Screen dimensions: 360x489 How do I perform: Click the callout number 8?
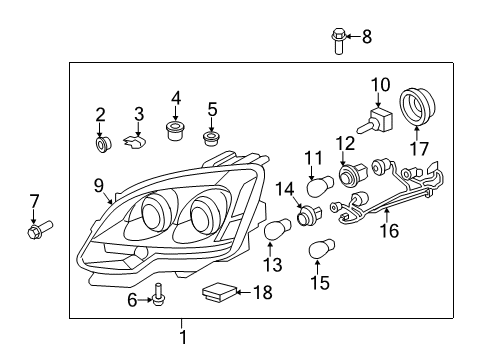click(366, 38)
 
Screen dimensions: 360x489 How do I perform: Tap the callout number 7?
click(34, 201)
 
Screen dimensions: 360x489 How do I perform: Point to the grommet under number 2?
click(102, 145)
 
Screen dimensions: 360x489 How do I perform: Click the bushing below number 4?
click(176, 129)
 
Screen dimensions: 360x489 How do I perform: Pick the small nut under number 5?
click(211, 137)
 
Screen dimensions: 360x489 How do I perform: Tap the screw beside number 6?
click(158, 293)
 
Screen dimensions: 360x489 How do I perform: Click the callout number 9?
click(97, 184)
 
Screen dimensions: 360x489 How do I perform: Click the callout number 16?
click(387, 230)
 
